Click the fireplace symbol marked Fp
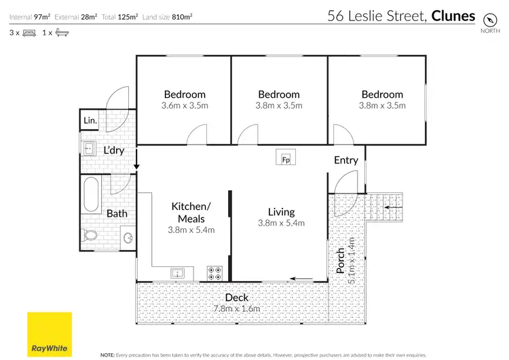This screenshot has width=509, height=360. (286, 160)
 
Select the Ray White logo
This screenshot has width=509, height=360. (49, 334)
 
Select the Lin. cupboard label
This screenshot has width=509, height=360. (90, 121)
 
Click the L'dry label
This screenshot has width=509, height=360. (113, 150)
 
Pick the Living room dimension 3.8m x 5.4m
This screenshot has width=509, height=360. (281, 223)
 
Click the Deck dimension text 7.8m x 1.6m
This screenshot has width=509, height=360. (237, 309)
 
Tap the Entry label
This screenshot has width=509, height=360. (345, 160)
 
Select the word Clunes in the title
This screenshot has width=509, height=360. (453, 16)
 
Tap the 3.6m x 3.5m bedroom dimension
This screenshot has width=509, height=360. (184, 105)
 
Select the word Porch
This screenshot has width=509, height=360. (341, 261)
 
